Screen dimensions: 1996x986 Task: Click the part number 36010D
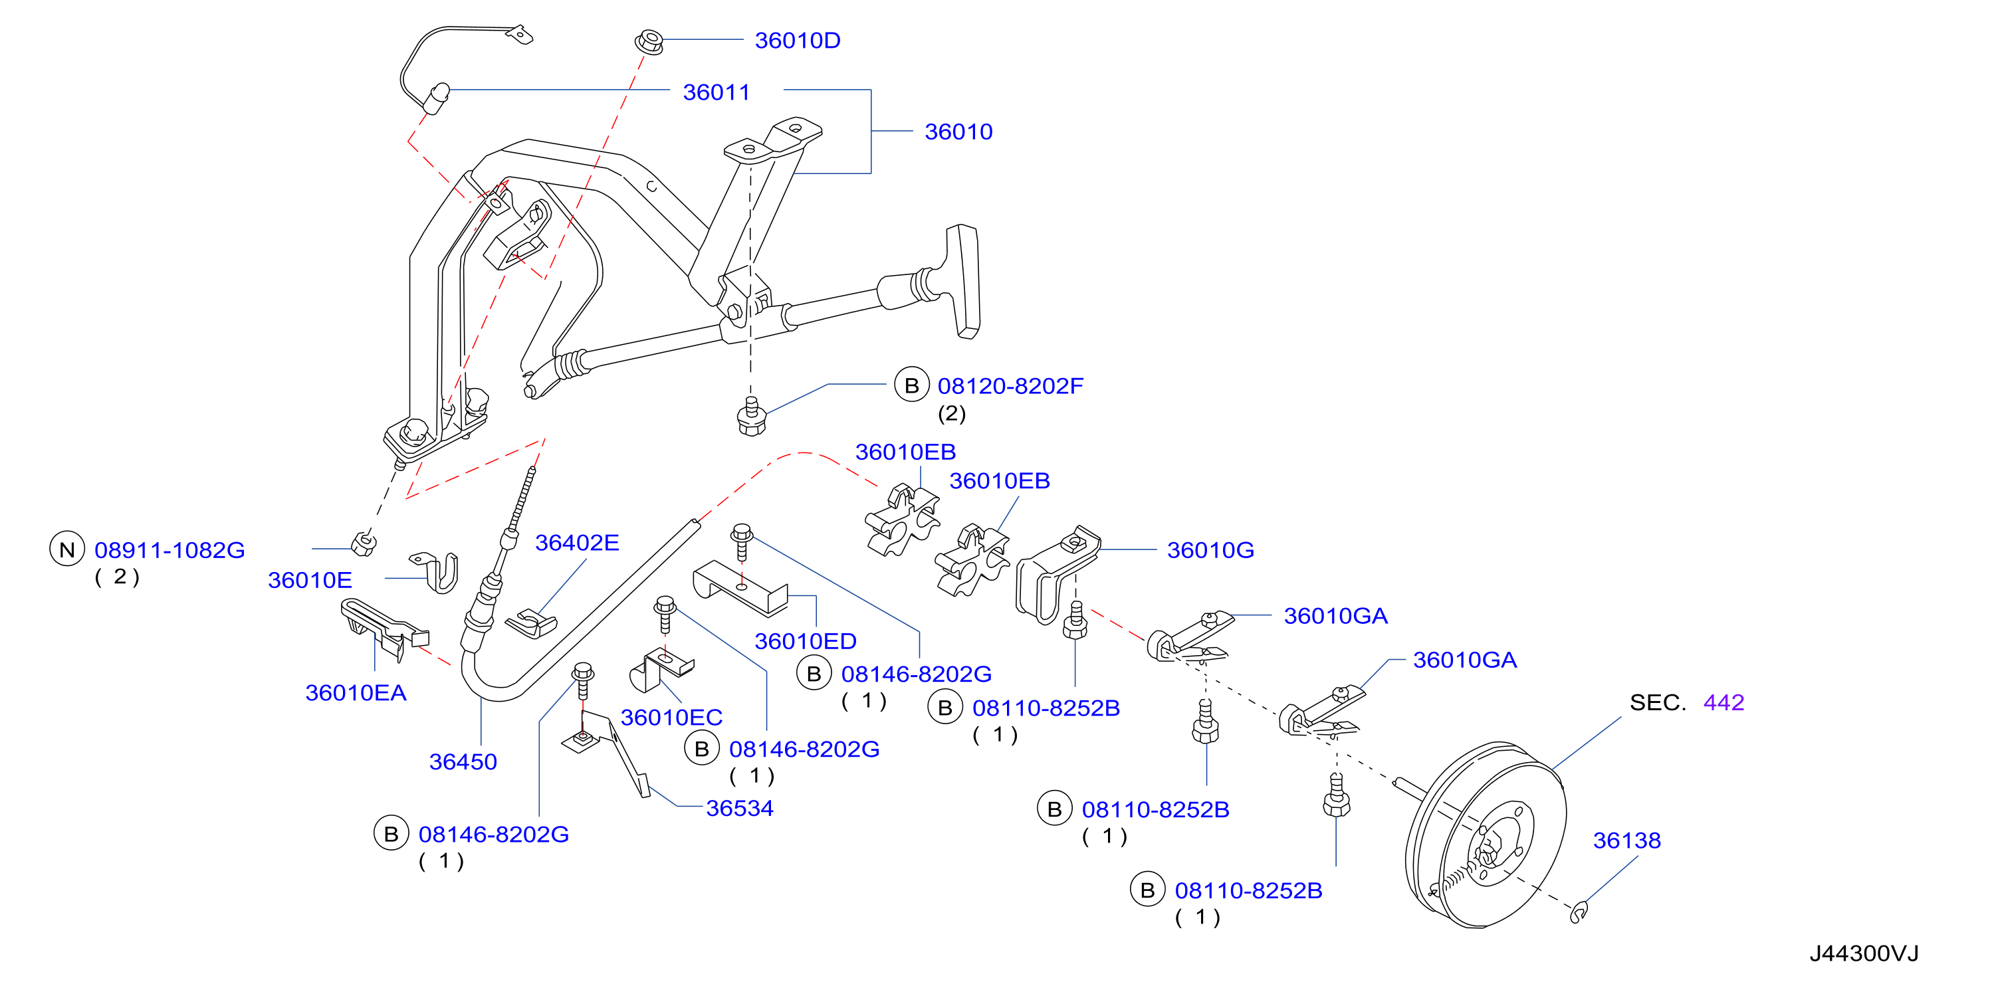798,41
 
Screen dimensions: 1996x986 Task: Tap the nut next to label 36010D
649,41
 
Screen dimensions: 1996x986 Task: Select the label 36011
716,92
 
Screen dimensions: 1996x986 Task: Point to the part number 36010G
1210,550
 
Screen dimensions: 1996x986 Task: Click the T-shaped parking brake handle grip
963,281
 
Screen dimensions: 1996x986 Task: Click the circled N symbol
67,549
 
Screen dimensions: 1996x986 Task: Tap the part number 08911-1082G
169,550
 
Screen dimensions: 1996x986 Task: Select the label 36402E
577,543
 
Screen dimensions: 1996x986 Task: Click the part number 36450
463,762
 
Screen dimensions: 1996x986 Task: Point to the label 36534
740,809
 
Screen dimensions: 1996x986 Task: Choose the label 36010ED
806,641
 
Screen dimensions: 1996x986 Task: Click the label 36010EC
672,717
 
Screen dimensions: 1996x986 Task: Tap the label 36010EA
356,692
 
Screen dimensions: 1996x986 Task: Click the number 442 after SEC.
1724,702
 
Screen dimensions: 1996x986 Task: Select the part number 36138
1627,840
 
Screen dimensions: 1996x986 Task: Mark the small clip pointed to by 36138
1579,912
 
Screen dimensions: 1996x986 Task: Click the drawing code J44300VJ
1864,953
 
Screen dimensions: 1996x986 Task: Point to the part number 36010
958,132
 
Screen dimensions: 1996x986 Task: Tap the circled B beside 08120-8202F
912,385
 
